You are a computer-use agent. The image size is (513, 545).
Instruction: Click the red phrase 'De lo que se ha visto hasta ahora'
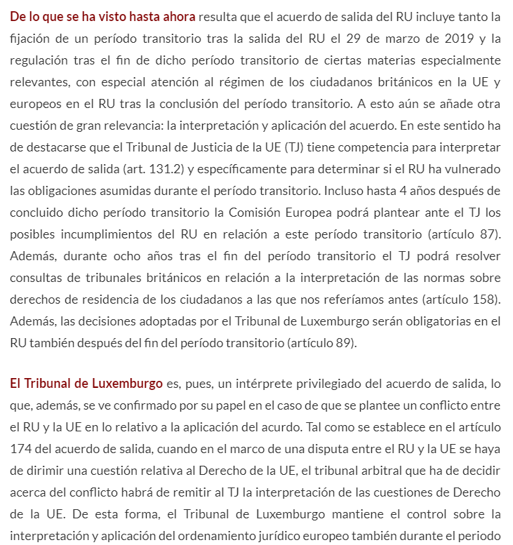tap(102, 16)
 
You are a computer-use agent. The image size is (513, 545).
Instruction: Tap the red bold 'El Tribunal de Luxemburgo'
tap(86, 384)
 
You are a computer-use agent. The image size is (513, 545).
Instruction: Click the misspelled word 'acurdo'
tap(321, 428)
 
